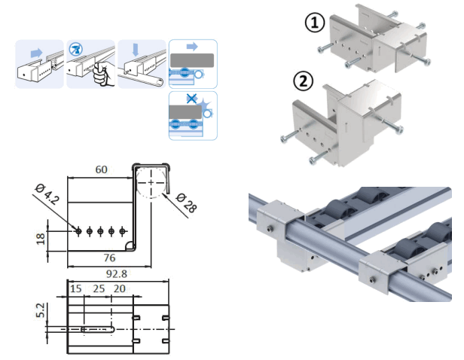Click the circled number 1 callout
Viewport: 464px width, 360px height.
314,23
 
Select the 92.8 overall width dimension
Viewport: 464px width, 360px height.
118,276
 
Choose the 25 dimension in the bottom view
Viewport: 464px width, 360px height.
99,289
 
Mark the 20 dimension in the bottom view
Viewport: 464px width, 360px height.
120,289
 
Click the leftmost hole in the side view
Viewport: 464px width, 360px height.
78,230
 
